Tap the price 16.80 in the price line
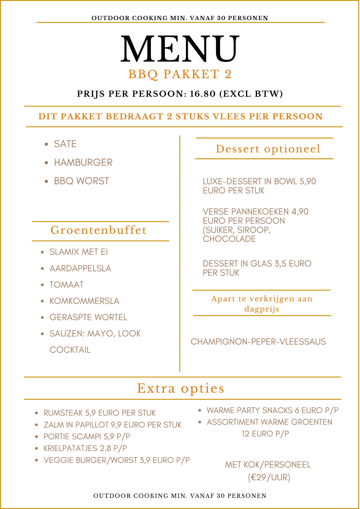click(203, 94)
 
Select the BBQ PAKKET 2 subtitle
click(180, 74)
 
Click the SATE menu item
click(65, 144)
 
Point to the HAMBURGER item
click(83, 163)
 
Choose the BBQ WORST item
click(81, 181)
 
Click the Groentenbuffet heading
click(99, 230)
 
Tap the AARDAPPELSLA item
click(80, 268)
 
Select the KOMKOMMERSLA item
click(84, 301)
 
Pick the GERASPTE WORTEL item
click(88, 317)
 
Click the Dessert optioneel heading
click(268, 149)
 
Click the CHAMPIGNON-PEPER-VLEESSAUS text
click(258, 342)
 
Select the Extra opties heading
click(181, 389)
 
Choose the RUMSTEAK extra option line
click(100, 413)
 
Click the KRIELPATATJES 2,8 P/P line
click(85, 448)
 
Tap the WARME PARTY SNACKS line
click(272, 411)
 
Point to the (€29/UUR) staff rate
click(269, 477)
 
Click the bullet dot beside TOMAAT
click(43, 285)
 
